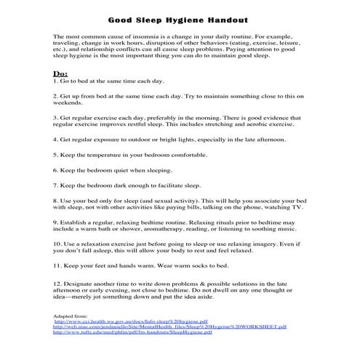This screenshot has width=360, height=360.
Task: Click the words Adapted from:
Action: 70,316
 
